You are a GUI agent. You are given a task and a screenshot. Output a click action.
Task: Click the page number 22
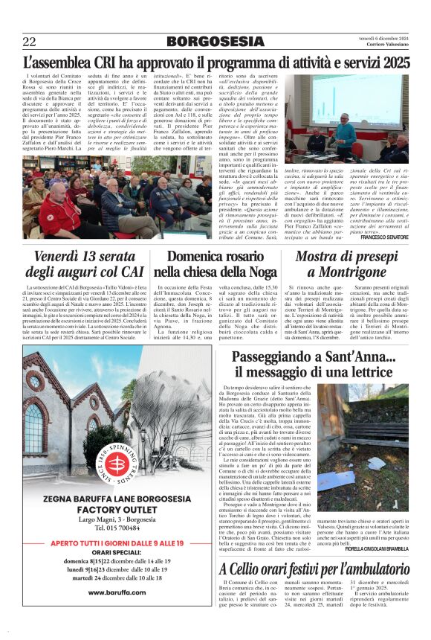pyautogui.click(x=29, y=42)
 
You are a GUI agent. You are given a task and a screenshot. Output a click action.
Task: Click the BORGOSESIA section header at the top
pyautogui.click(x=215, y=42)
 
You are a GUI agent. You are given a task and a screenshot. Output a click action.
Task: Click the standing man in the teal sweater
pyautogui.click(x=344, y=135)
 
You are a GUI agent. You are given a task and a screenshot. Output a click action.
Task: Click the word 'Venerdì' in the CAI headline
pyautogui.click(x=62, y=257)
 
